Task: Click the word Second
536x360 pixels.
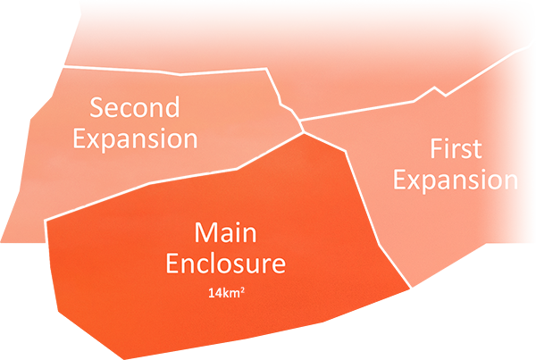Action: pos(135,109)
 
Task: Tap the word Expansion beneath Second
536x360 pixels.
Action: pos(135,140)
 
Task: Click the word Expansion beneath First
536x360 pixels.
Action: pos(456,180)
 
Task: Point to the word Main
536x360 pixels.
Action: pos(226,234)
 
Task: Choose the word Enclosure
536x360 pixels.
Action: pos(226,264)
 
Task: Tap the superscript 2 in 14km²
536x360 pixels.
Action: pos(243,289)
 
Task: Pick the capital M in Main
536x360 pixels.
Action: pos(205,234)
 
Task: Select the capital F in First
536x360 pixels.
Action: pos(436,148)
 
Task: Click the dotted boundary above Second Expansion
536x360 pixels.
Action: pos(161,68)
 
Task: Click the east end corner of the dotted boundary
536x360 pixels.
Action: pos(268,70)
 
